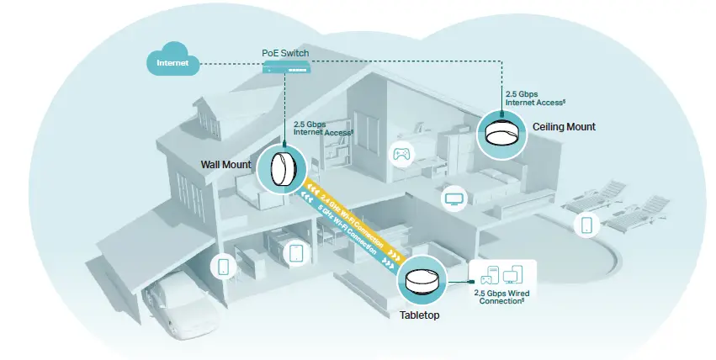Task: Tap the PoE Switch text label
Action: pos(285,53)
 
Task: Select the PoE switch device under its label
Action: pos(285,67)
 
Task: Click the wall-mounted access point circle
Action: pos(284,167)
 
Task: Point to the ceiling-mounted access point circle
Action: pos(504,132)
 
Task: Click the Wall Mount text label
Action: pos(225,165)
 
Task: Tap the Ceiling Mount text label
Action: pos(564,127)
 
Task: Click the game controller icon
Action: pos(401,154)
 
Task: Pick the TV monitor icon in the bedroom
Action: pos(455,199)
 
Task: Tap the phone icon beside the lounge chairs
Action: pos(586,225)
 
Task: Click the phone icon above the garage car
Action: pos(223,267)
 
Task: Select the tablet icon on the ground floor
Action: pos(295,252)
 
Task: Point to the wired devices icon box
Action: pos(501,274)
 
